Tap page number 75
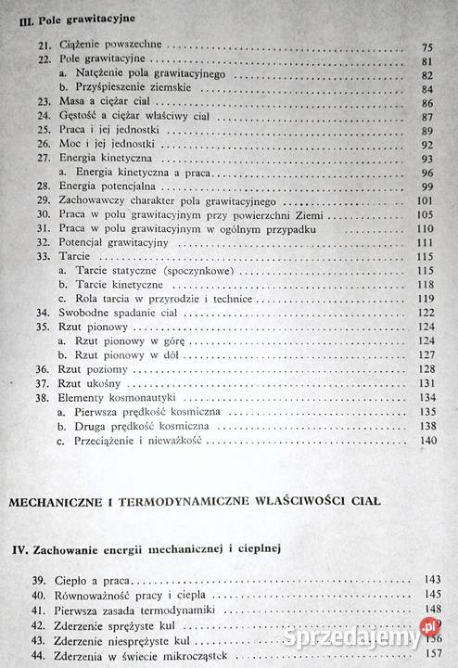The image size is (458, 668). point(427,46)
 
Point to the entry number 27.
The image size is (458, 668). point(43,159)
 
